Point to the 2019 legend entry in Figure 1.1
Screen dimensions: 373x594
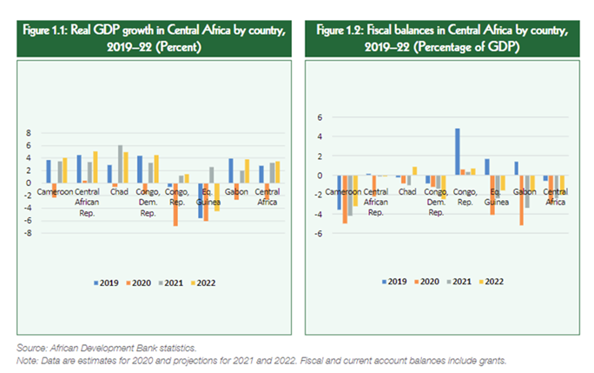point(108,282)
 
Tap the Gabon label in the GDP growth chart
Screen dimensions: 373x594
point(237,190)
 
